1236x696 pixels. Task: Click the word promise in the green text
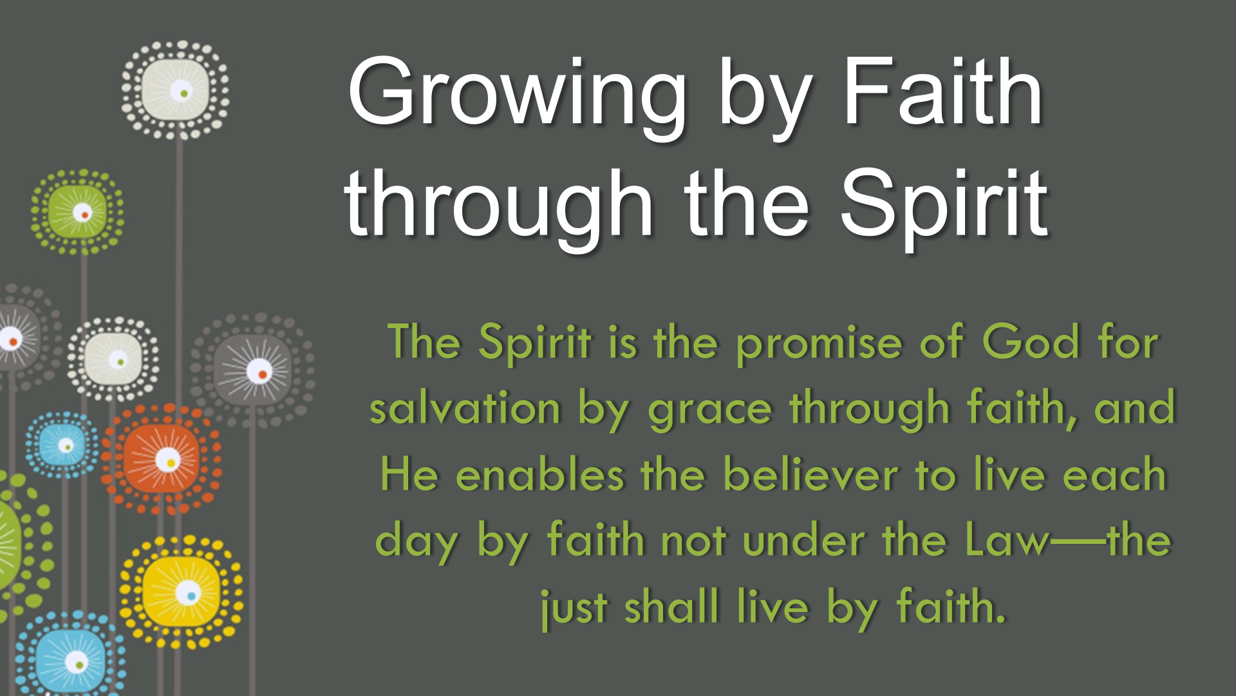point(819,345)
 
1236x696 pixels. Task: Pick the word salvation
point(465,409)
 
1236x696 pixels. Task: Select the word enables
point(539,474)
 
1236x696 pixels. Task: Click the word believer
point(810,474)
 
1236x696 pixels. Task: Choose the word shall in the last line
point(671,606)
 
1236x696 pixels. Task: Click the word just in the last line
point(574,609)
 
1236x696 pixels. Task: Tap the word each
point(1114,474)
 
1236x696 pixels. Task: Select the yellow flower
point(182,592)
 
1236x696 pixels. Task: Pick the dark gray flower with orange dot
point(254,370)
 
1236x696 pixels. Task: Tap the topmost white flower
point(175,90)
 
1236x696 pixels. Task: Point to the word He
point(409,474)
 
